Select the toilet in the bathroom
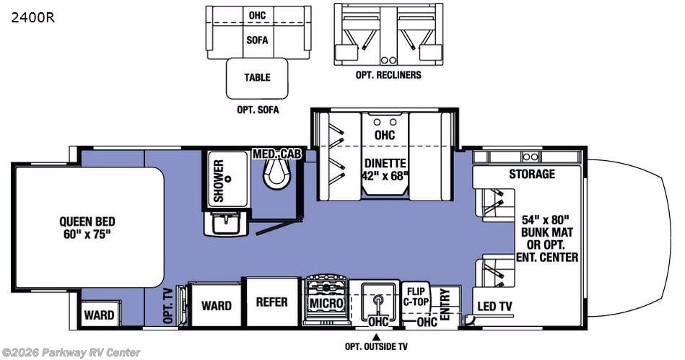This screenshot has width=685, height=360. click(x=276, y=174)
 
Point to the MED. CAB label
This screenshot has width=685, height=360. click(x=278, y=154)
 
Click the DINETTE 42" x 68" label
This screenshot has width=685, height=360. click(x=386, y=170)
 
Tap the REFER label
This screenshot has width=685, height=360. click(x=271, y=302)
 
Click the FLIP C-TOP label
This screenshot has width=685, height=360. click(x=414, y=297)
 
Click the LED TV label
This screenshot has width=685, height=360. click(x=494, y=307)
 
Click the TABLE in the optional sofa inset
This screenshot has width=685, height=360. click(x=257, y=78)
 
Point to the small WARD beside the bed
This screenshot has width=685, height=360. click(x=99, y=315)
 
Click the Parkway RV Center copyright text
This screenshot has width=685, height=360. click(x=71, y=353)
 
